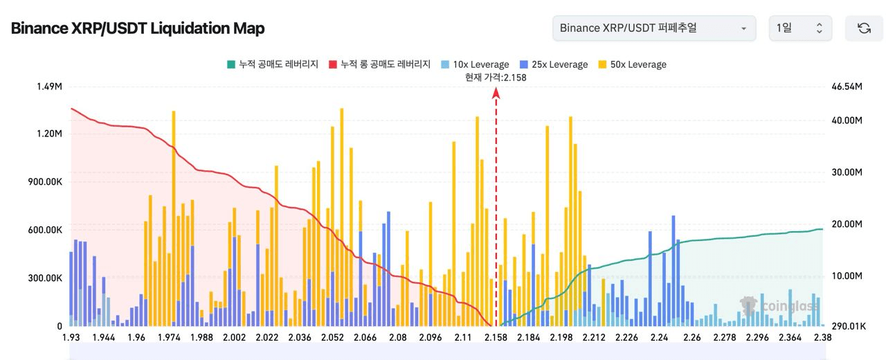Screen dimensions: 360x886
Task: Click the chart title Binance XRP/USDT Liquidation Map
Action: click(138, 28)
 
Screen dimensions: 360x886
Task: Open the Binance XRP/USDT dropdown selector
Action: click(653, 28)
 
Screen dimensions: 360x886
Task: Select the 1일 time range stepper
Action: click(799, 28)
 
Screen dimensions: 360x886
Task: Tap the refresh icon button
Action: click(864, 28)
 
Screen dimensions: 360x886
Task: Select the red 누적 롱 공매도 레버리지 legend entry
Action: click(379, 64)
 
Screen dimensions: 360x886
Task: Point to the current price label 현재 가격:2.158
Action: click(496, 78)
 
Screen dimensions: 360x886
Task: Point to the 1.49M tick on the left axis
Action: click(49, 87)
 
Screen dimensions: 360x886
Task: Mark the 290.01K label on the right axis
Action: click(848, 326)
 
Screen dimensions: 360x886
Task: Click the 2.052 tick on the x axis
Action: click(333, 337)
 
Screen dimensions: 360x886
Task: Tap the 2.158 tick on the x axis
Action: click(496, 337)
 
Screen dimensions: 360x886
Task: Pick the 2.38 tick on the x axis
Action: click(822, 337)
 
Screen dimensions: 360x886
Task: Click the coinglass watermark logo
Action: click(779, 305)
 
